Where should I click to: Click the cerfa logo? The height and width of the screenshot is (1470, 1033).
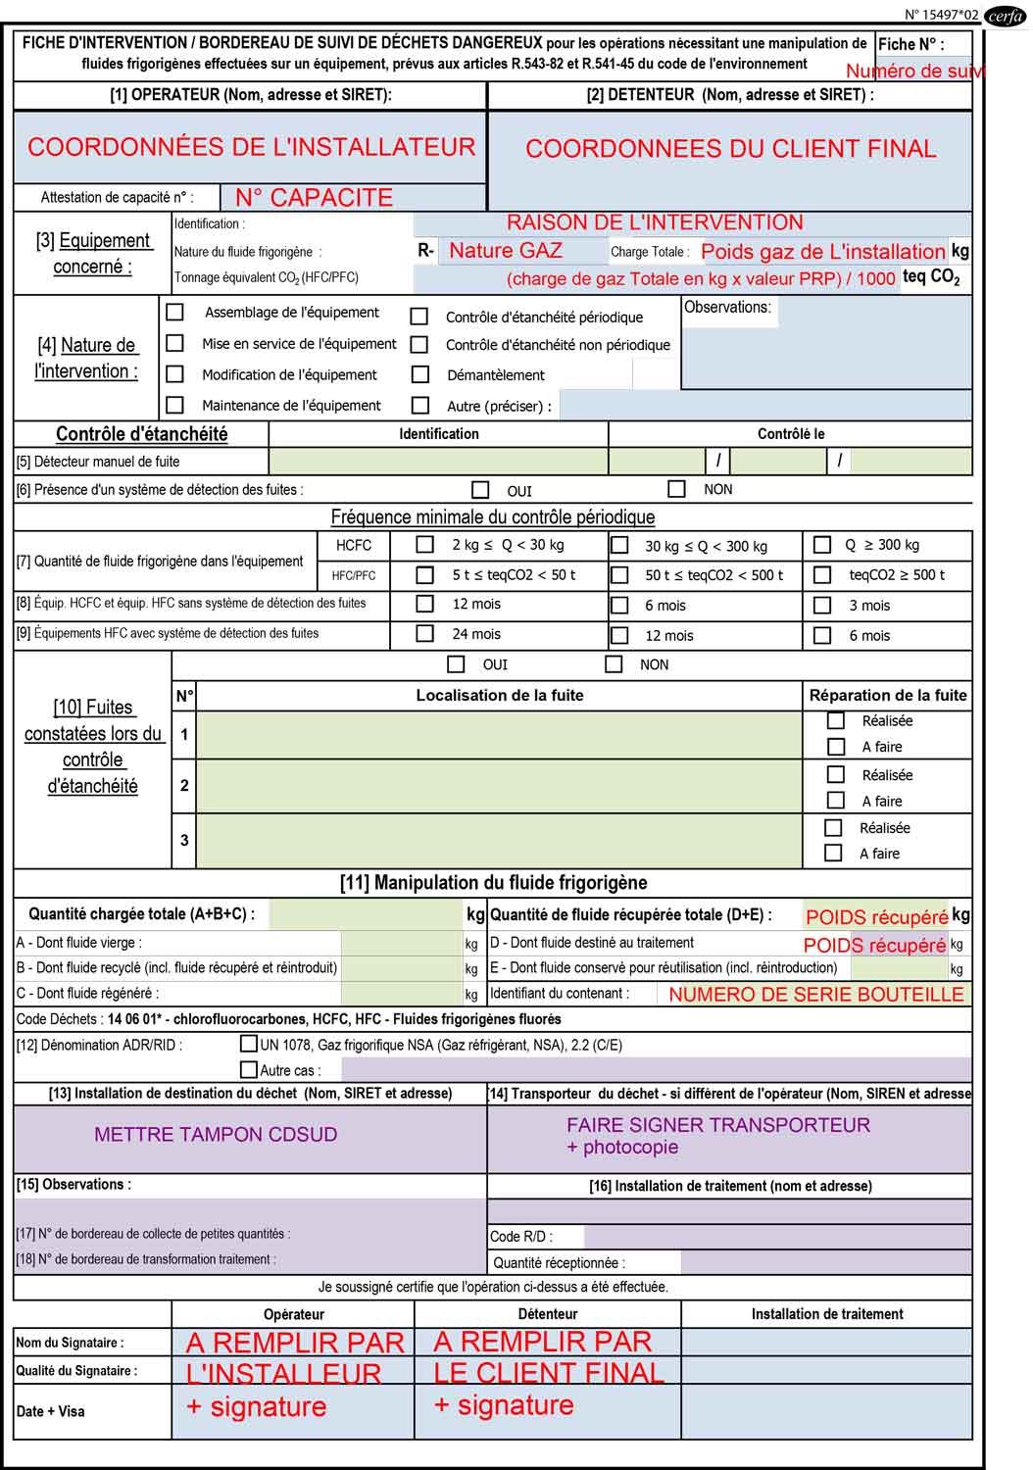(x=1006, y=16)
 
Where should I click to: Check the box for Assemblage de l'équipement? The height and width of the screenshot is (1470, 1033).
(x=175, y=313)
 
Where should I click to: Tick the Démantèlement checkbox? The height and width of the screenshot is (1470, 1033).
(x=420, y=374)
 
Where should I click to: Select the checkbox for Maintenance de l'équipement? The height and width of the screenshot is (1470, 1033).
(x=175, y=405)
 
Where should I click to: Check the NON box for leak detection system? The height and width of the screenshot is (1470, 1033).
(x=676, y=488)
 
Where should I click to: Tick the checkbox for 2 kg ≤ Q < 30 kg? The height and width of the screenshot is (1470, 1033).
(x=425, y=544)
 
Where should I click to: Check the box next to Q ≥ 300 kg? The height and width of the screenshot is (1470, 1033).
(x=823, y=544)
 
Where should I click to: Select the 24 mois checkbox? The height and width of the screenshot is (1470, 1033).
(x=425, y=633)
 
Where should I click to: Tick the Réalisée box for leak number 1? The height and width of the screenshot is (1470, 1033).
(x=836, y=720)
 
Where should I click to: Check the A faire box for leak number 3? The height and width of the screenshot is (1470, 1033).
(x=834, y=853)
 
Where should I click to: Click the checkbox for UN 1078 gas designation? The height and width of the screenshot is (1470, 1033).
(x=249, y=1044)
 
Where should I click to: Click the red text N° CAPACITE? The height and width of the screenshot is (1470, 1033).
(x=314, y=197)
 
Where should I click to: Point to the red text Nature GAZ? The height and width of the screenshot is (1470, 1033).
(x=506, y=250)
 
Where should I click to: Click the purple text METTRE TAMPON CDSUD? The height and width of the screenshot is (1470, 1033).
(x=216, y=1134)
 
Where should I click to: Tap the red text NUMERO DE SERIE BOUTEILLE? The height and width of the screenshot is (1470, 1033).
(x=816, y=994)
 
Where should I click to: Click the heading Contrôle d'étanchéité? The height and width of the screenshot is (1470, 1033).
(x=141, y=434)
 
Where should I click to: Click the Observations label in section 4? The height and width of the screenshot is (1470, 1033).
(x=727, y=307)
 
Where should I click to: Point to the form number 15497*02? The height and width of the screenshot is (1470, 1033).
(x=941, y=15)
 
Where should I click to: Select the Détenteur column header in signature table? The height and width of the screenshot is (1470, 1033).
(x=548, y=1313)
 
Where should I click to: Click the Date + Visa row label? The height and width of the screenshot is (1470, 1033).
(x=51, y=1411)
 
